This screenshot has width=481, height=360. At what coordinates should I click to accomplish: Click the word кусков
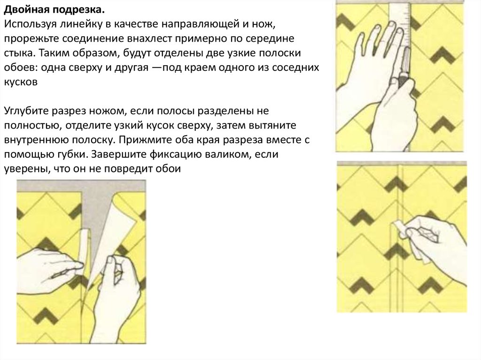tap(21, 82)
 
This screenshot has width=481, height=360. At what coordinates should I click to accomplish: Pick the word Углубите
tap(26, 111)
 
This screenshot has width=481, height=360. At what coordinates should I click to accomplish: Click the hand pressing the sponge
tap(435, 245)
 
